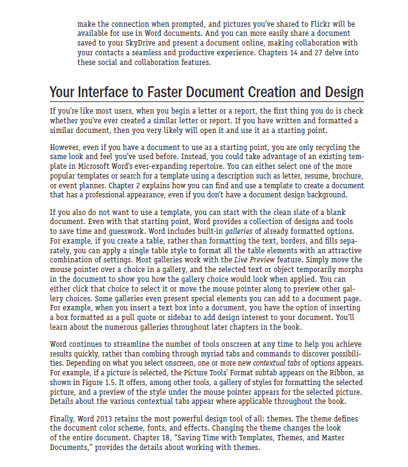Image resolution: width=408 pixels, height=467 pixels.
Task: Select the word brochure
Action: pyautogui.click(x=344, y=176)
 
